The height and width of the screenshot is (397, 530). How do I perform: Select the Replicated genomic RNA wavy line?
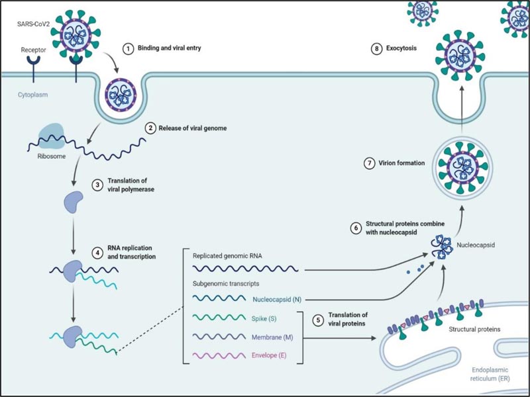[x=246, y=270]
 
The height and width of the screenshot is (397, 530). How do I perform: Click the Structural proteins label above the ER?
[x=475, y=328]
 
